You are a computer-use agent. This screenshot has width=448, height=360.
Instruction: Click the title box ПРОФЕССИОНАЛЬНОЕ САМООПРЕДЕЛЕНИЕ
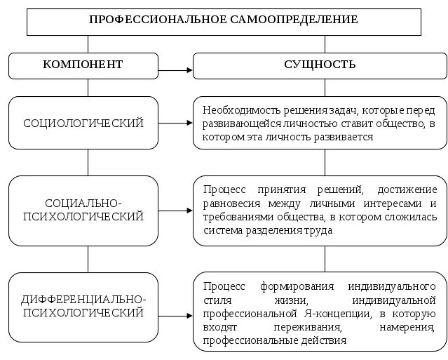point(224,20)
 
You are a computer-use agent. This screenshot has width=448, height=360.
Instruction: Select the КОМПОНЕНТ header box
point(83,65)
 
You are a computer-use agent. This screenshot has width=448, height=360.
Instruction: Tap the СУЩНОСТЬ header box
point(320,65)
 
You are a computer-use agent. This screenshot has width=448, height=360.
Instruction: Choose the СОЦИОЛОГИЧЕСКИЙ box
point(83,123)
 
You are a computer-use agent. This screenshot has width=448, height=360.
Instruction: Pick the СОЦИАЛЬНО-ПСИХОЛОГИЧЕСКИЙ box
point(83,210)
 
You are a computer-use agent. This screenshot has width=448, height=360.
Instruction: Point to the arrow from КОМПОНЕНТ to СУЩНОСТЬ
point(175,69)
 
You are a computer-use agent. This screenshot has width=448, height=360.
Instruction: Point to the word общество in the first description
point(403,124)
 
